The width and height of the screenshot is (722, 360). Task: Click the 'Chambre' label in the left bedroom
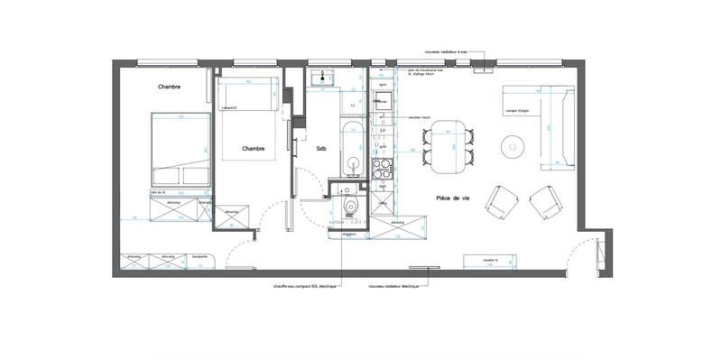click(x=169, y=87)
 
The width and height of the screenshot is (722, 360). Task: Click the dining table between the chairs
click(x=449, y=148)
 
